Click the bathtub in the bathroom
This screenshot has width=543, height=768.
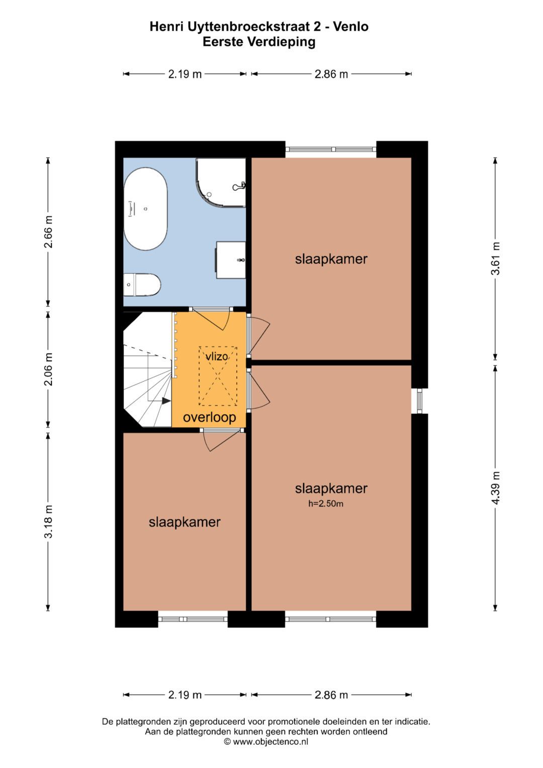click(x=145, y=209)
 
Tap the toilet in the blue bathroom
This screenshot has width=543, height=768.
click(x=142, y=284)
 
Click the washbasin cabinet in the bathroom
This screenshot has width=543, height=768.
click(x=231, y=260)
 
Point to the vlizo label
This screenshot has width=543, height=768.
click(x=217, y=357)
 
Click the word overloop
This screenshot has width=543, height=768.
click(x=210, y=417)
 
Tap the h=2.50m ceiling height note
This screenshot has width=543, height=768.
click(x=326, y=503)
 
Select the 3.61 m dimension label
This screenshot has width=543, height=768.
click(x=495, y=259)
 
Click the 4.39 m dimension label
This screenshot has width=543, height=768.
click(x=495, y=487)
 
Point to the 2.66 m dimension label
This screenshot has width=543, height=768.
click(x=48, y=231)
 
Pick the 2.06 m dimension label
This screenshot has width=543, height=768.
click(x=48, y=369)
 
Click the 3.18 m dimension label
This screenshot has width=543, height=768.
click(x=48, y=522)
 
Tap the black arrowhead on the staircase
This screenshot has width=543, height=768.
click(x=166, y=400)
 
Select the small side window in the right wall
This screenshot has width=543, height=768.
click(x=420, y=401)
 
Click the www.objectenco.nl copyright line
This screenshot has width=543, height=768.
click(x=266, y=742)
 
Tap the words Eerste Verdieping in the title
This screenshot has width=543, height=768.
click(x=259, y=42)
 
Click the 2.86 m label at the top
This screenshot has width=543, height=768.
click(x=331, y=74)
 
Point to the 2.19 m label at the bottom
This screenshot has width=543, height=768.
click(x=185, y=695)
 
